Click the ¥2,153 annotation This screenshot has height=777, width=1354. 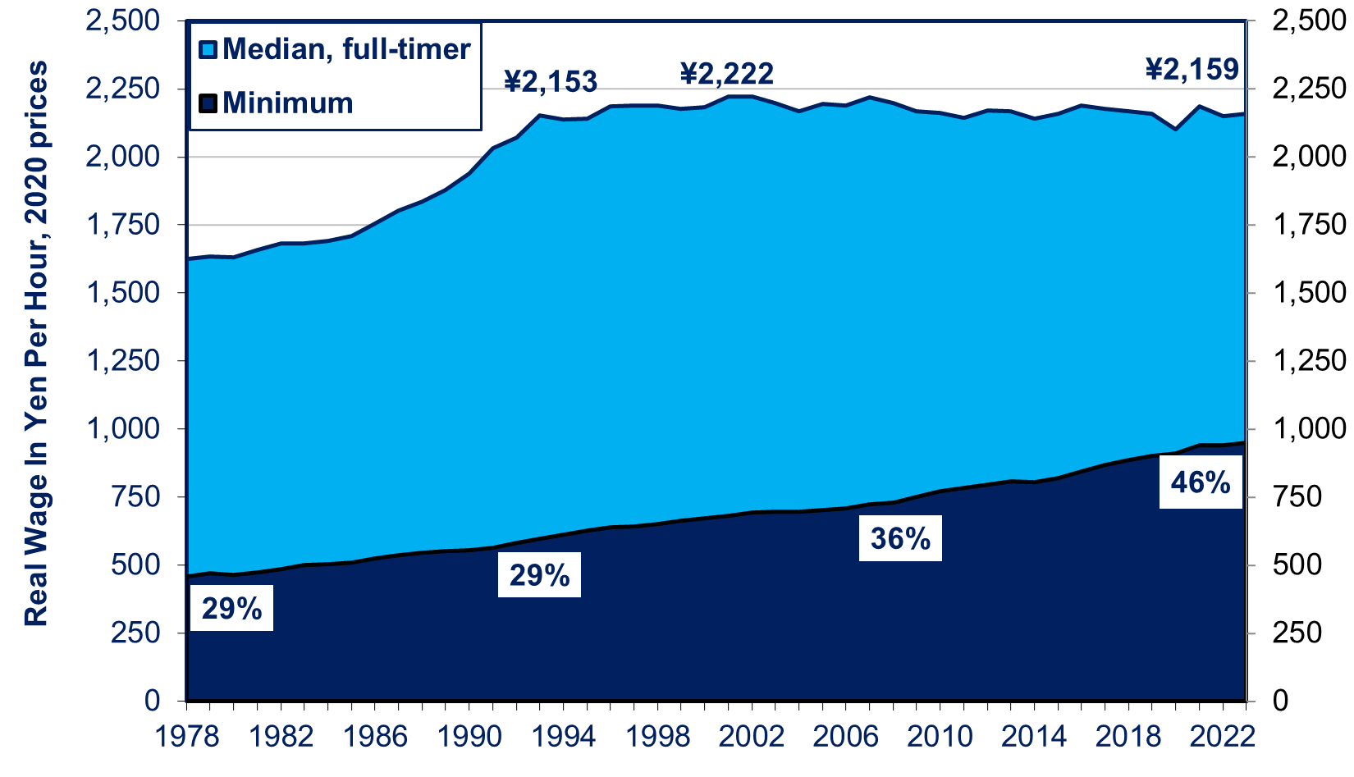(550, 81)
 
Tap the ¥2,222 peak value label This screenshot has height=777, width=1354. (726, 75)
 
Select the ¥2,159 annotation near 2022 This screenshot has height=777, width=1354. (1192, 70)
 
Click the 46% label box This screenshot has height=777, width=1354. (1200, 483)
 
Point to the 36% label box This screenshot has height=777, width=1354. (900, 539)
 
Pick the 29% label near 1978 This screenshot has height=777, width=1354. (231, 609)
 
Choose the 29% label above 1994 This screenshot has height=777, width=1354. (539, 575)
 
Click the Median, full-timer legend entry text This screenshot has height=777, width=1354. (346, 49)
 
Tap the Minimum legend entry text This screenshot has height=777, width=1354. (287, 103)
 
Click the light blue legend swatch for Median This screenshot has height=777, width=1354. (208, 50)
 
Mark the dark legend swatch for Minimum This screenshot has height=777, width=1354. (208, 104)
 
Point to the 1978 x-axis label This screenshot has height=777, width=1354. (188, 736)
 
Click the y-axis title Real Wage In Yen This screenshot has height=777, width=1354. (36, 345)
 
